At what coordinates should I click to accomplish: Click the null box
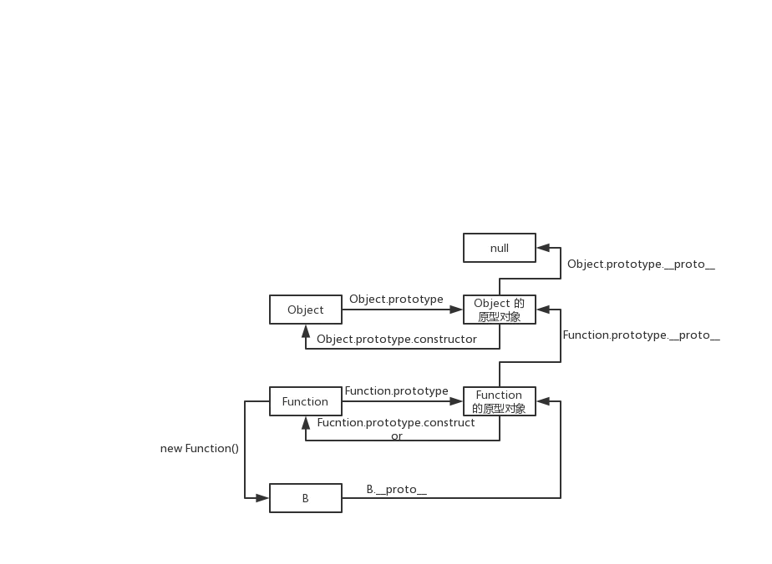(499, 248)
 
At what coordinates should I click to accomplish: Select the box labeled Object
(305, 310)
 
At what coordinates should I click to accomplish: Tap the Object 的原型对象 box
(499, 310)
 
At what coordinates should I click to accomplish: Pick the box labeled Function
(305, 401)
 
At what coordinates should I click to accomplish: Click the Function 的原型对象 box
(499, 401)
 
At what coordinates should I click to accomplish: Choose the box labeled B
(305, 498)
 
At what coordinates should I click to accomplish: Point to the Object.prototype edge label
(396, 299)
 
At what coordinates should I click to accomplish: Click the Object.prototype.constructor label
(397, 340)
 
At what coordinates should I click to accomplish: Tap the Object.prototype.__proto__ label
(641, 264)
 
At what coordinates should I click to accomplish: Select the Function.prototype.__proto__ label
(641, 335)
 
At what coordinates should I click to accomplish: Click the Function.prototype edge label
(396, 390)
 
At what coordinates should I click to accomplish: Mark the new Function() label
(199, 448)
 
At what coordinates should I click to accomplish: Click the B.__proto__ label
(396, 489)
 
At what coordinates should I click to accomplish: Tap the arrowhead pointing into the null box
(542, 248)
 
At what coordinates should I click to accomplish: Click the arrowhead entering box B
(263, 498)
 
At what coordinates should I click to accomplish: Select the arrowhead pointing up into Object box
(305, 330)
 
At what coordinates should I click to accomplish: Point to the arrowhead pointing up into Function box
(305, 422)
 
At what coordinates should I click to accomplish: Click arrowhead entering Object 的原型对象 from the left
(457, 310)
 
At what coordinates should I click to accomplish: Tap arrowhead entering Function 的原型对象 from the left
(457, 401)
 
